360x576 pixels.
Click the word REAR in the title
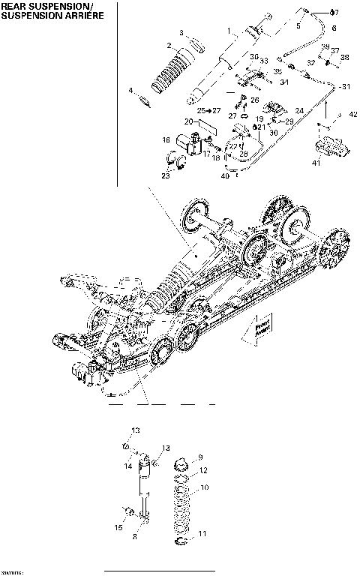click(x=15, y=5)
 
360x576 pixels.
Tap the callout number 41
click(x=316, y=162)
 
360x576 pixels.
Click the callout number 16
click(x=166, y=139)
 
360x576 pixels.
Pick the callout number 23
click(x=166, y=175)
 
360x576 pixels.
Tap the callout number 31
click(x=346, y=87)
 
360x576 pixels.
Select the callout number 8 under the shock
click(x=134, y=537)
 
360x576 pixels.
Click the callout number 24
click(x=299, y=110)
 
